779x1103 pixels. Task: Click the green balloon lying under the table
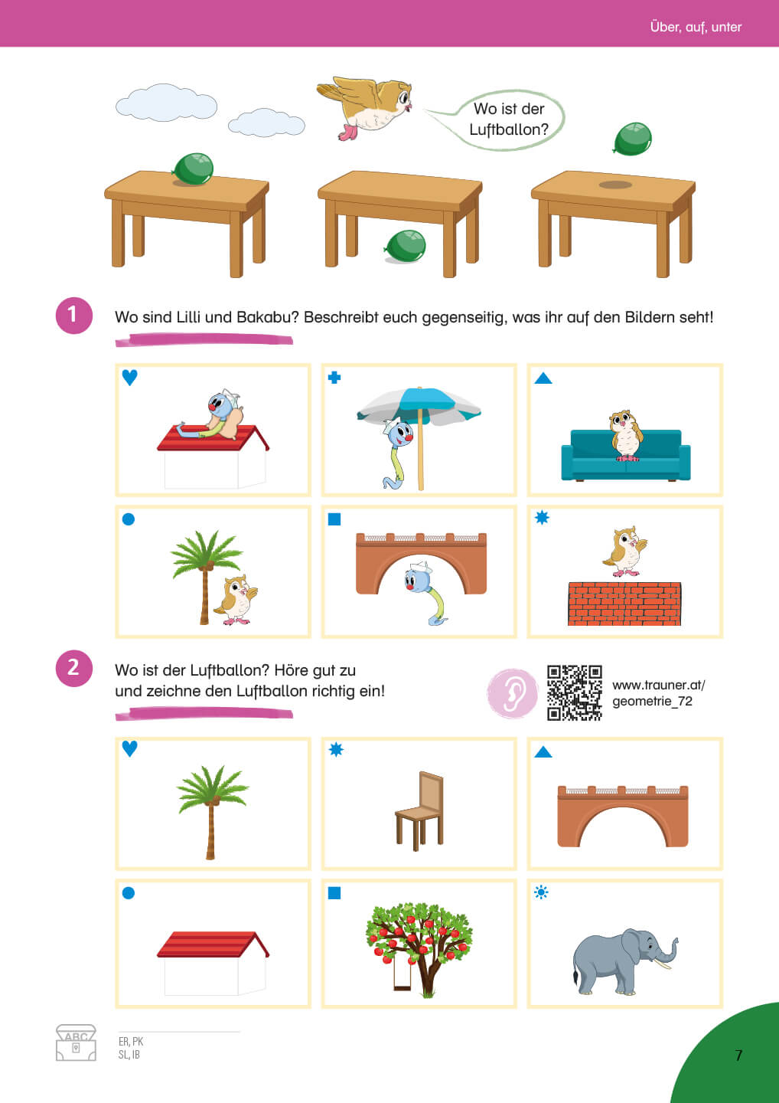pyautogui.click(x=406, y=246)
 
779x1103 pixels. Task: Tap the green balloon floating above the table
pyautogui.click(x=633, y=139)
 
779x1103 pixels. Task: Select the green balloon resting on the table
pyautogui.click(x=193, y=169)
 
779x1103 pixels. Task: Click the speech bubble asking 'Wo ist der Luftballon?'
pyautogui.click(x=509, y=119)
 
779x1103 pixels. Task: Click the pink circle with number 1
pyautogui.click(x=73, y=315)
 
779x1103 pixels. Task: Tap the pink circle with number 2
pyautogui.click(x=73, y=668)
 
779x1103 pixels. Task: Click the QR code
pyautogui.click(x=575, y=692)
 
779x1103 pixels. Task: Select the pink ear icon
pyautogui.click(x=513, y=692)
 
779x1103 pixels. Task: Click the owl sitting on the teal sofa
pyautogui.click(x=625, y=435)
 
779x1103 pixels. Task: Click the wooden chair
pyautogui.click(x=419, y=811)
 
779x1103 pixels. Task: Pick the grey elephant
pyautogui.click(x=624, y=961)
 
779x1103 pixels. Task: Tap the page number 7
pyautogui.click(x=738, y=1056)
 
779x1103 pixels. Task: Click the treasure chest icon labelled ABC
pyautogui.click(x=76, y=1042)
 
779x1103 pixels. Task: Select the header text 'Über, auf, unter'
pyautogui.click(x=696, y=27)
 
